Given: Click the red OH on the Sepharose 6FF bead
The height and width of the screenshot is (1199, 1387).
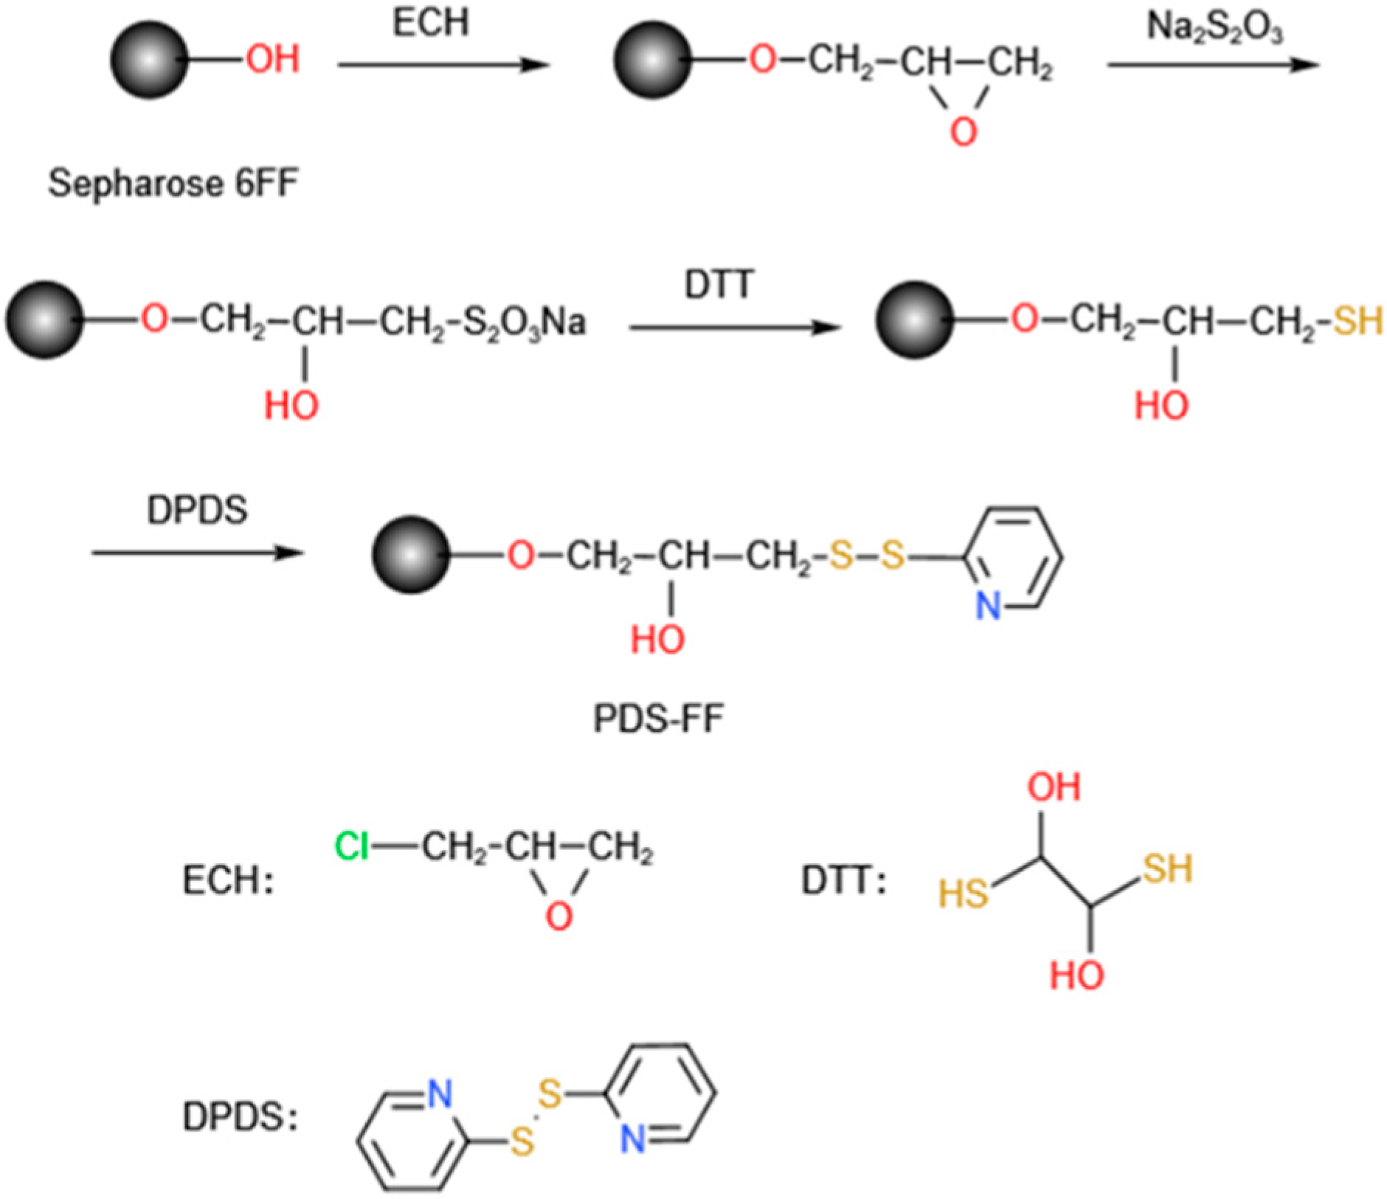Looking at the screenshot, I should [x=272, y=58].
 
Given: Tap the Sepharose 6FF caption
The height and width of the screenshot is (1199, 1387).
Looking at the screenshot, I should [x=173, y=182].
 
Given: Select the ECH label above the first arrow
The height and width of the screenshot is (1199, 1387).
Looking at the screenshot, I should [x=430, y=22].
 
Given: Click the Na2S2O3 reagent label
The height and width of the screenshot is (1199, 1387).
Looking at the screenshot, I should [x=1214, y=28].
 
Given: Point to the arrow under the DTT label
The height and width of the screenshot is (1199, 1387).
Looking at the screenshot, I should [x=734, y=327].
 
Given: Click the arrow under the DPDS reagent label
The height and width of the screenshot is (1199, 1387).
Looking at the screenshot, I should [x=197, y=552].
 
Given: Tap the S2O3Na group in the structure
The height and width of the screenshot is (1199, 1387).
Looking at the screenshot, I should [x=525, y=322].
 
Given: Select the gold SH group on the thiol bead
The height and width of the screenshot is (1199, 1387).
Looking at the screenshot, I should [x=1357, y=321].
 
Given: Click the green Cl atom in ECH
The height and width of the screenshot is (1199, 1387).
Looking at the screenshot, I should [x=351, y=846].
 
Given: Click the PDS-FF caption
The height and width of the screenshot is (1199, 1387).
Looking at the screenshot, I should [x=658, y=718].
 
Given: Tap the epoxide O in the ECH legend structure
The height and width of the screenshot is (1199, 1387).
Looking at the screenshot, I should [x=558, y=916].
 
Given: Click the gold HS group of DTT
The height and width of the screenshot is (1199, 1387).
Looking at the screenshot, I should [x=963, y=894].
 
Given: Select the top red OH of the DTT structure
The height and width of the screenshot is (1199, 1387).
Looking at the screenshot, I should [x=1054, y=787].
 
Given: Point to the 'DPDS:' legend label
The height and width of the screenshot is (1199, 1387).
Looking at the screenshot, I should [x=240, y=1117].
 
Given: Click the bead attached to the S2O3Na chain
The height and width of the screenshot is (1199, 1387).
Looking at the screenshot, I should [x=44, y=319].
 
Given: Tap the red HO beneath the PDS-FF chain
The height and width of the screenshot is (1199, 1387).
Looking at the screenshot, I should [x=657, y=638].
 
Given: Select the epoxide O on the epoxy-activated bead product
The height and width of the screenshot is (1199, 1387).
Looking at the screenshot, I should [x=963, y=131].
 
